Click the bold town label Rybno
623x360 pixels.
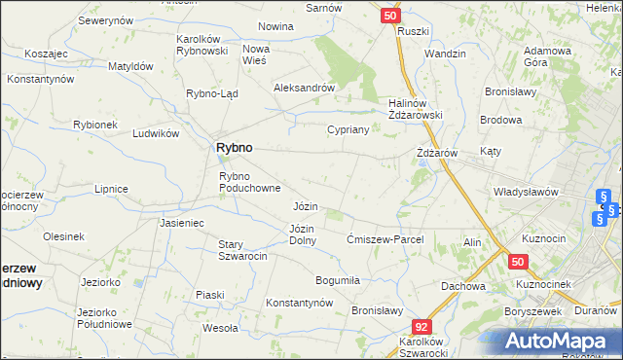pyautogui.click(x=233, y=147)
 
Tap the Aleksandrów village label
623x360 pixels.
pyautogui.click(x=304, y=87)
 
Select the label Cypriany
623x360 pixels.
pyautogui.click(x=348, y=129)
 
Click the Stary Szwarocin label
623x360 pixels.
pyautogui.click(x=242, y=249)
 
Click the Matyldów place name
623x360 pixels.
pyautogui.click(x=130, y=66)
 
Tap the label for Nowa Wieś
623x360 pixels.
pyautogui.click(x=255, y=54)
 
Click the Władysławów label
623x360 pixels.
pyautogui.click(x=526, y=192)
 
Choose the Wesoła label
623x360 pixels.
pyautogui.click(x=220, y=328)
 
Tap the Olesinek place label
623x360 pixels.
pyautogui.click(x=63, y=236)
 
